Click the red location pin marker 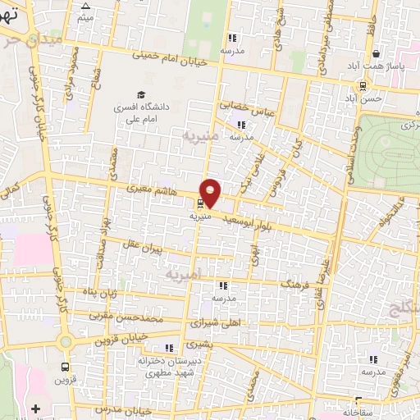tap(211, 193)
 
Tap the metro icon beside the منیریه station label tap(201, 205)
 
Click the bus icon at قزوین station tap(64, 368)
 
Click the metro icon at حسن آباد tap(363, 85)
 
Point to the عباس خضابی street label tap(239, 107)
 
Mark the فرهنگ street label tap(291, 281)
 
